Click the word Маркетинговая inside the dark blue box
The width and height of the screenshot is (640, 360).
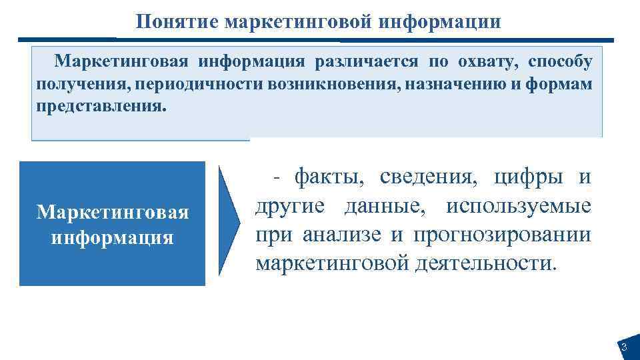coord(113,213)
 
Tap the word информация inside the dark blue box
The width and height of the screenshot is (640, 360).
coord(113,237)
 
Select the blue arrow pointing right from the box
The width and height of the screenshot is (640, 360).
coord(229,220)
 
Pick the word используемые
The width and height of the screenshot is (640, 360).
coord(519,206)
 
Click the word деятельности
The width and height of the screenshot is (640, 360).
coord(486,263)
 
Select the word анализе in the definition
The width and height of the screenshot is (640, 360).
coord(331,235)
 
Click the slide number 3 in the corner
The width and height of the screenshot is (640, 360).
coord(624,347)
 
